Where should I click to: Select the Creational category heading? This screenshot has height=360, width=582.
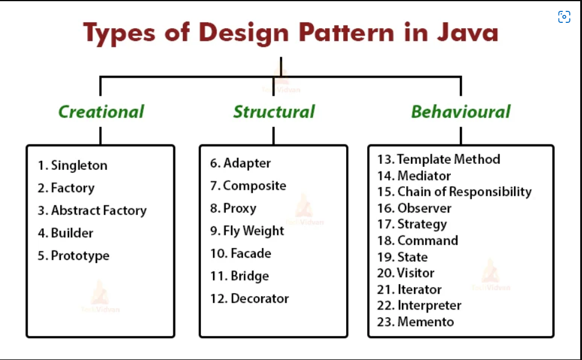(101, 112)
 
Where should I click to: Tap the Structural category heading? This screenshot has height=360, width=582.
(274, 112)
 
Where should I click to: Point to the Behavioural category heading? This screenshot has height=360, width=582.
(460, 112)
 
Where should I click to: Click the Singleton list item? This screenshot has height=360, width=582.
(79, 166)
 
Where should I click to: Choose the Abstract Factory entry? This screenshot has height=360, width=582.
(99, 211)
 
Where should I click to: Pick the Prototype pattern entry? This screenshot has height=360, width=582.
(80, 256)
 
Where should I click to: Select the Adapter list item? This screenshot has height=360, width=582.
(247, 163)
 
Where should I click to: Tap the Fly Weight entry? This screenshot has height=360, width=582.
(253, 231)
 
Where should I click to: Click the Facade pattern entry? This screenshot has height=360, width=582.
(251, 253)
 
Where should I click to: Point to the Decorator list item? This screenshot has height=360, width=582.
(260, 299)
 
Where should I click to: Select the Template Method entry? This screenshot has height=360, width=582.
(448, 160)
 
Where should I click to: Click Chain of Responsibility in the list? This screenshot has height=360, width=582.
(464, 192)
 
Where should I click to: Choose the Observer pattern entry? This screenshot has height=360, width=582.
(424, 208)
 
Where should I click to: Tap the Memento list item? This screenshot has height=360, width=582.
(426, 322)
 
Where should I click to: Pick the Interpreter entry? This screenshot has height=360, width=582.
(429, 306)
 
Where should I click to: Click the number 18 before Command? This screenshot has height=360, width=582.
(385, 241)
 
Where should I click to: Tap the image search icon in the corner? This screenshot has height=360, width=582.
(564, 17)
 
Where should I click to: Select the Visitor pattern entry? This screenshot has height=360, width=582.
(415, 273)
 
